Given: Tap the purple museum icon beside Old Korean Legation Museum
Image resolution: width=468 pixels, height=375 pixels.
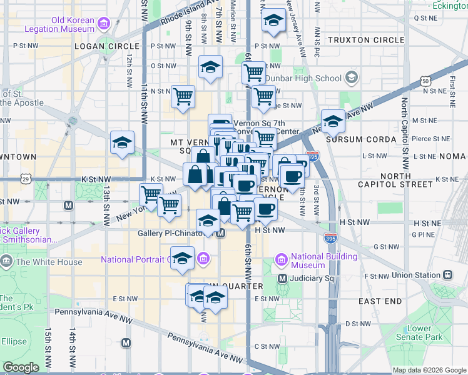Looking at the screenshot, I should [104, 24].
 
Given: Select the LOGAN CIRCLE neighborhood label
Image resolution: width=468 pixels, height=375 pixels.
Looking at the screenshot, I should [106, 46].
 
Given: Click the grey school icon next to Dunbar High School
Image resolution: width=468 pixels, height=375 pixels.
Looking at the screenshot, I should [351, 78].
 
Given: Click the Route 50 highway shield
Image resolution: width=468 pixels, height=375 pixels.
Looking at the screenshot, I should [425, 81].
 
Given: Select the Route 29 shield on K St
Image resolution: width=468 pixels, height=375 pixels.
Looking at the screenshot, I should [26, 179].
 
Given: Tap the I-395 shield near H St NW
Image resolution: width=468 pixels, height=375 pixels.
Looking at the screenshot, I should [331, 238].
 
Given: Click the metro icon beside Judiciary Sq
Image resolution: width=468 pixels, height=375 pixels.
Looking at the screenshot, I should [282, 278].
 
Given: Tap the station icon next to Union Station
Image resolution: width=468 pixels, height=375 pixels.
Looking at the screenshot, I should [448, 275].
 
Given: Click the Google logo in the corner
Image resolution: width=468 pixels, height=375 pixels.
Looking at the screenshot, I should [21, 367].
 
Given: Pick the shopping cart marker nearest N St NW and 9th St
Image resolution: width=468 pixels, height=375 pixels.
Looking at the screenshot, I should [183, 97].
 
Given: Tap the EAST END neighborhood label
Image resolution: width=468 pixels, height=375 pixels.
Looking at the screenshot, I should [380, 301].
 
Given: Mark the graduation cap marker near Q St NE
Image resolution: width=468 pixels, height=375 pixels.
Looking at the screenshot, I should [273, 21].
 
